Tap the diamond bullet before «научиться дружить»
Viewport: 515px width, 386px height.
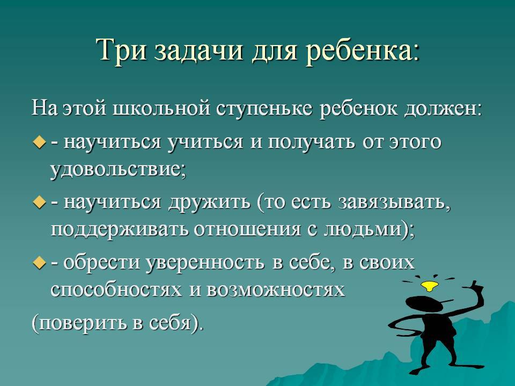(x=39, y=203)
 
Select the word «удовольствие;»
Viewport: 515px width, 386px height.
(x=118, y=170)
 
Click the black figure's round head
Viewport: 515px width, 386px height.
(x=423, y=305)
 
